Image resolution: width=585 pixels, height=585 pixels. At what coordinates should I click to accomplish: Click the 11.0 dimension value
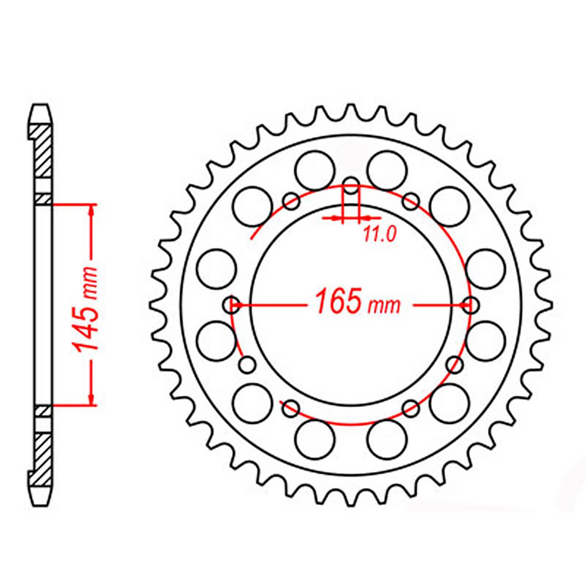pos(380,234)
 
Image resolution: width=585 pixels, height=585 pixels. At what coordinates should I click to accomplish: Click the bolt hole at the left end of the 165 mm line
pos(231,305)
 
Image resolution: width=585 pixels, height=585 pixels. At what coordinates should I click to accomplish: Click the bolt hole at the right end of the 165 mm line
pos(472,305)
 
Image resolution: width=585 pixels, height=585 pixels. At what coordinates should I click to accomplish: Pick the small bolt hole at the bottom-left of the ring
pos(291,408)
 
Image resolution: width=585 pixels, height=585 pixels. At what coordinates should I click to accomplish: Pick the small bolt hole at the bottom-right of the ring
pos(411,408)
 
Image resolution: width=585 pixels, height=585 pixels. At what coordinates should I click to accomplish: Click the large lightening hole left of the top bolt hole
pos(315,170)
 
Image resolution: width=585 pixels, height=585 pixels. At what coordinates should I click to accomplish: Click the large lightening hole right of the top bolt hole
pos(387,170)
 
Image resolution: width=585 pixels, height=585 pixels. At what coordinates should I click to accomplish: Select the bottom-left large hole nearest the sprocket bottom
pos(315,439)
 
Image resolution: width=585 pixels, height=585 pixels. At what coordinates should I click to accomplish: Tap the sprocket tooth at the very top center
pos(351,110)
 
